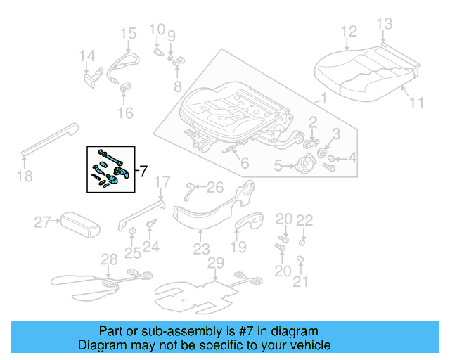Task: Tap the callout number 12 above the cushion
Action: pyautogui.click(x=349, y=31)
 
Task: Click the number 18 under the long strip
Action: pyautogui.click(x=25, y=176)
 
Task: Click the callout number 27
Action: pyautogui.click(x=43, y=224)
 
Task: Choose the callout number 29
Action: pyautogui.click(x=215, y=262)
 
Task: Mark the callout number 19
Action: pyautogui.click(x=239, y=247)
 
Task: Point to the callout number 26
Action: pyautogui.click(x=215, y=187)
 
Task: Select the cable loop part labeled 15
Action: pyautogui.click(x=124, y=62)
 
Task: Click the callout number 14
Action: pyautogui.click(x=86, y=56)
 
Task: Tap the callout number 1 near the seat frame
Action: pyautogui.click(x=323, y=98)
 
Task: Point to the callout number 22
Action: pyautogui.click(x=304, y=220)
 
